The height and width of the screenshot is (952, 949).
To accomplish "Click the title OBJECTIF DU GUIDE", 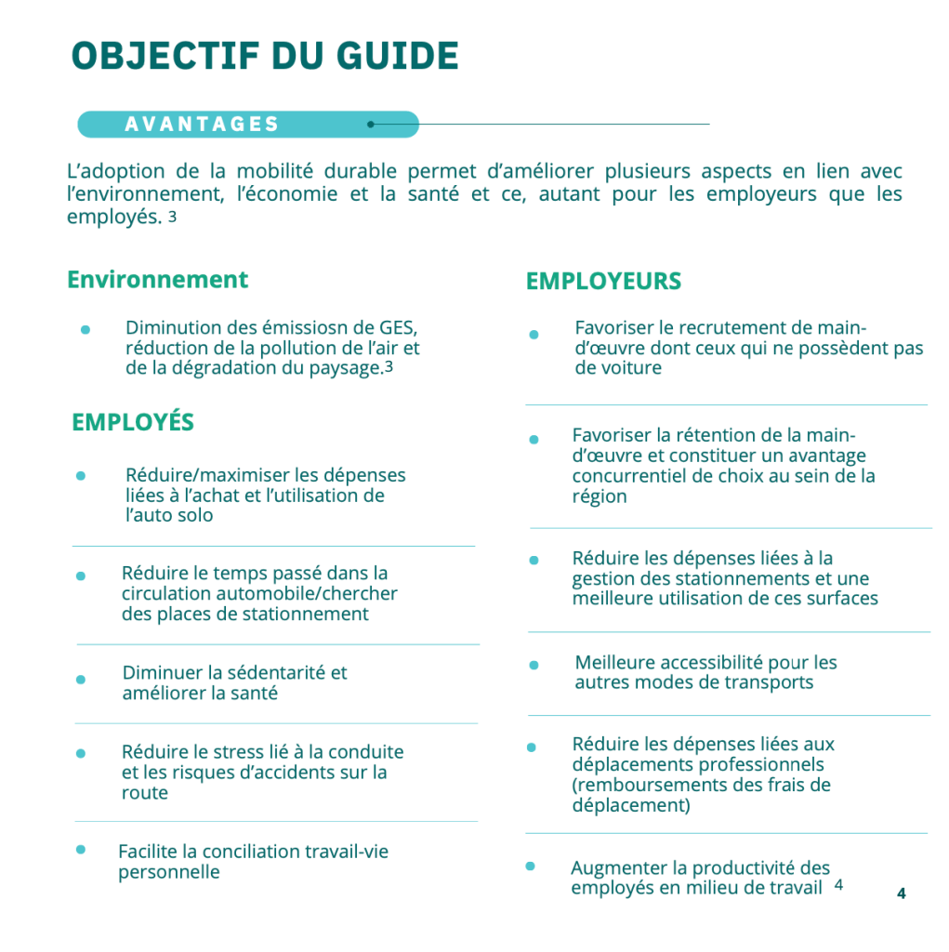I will (x=265, y=56).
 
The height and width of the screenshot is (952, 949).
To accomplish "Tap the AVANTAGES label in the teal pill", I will (x=202, y=125).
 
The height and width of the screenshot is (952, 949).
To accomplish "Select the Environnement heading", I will (x=158, y=280).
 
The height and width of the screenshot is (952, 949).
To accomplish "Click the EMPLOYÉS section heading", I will (x=133, y=423).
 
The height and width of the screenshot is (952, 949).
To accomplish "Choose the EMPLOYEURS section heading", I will (x=603, y=281).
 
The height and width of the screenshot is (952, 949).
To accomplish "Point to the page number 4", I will (x=901, y=893).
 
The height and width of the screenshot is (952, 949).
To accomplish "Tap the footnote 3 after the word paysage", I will (x=389, y=367).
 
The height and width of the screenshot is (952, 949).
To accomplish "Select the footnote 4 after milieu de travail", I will (x=838, y=886).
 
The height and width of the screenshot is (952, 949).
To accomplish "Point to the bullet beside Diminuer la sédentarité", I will (x=81, y=680).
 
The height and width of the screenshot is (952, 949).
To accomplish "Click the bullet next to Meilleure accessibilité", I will (x=534, y=666).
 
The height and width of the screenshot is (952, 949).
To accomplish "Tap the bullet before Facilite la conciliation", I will (x=81, y=849).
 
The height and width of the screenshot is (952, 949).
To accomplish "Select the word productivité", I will (x=746, y=868).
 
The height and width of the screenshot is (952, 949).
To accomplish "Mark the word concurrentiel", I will (x=629, y=476).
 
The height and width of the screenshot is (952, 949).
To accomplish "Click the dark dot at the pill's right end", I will (x=371, y=124).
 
